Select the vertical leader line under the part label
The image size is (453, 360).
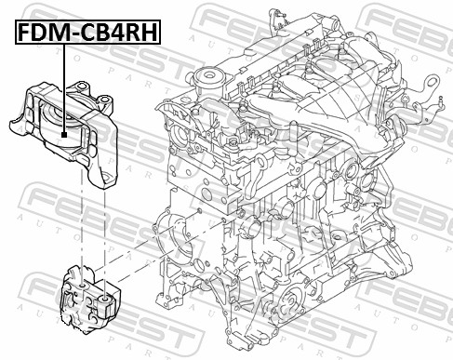[63, 88]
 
